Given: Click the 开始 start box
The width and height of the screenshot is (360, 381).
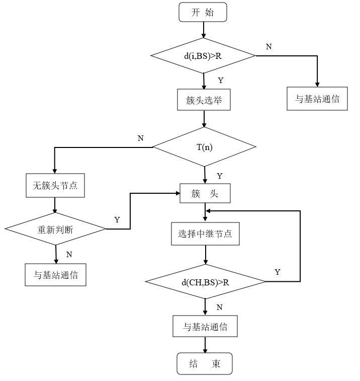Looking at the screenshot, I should [203, 13].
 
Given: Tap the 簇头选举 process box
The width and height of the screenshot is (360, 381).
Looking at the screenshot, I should [204, 100].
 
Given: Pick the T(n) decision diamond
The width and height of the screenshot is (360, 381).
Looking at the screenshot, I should [204, 147].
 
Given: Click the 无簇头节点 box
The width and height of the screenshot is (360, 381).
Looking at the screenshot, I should [55, 186].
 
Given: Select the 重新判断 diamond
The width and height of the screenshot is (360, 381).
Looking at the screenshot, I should [55, 229].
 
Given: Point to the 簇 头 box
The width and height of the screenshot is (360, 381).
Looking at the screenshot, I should [205, 194].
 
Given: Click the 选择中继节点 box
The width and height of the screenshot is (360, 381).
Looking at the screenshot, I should [205, 234].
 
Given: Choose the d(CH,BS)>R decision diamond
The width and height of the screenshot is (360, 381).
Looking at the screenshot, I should [205, 281].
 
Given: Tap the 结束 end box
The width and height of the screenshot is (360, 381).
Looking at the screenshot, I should [205, 364].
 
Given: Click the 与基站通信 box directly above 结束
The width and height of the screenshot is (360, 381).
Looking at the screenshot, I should [205, 327].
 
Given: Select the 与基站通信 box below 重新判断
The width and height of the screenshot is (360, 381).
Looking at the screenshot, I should [55, 275].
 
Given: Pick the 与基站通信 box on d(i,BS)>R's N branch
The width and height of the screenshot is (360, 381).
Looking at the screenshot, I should [317, 99].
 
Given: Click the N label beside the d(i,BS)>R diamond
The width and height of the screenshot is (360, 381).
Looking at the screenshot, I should [268, 46].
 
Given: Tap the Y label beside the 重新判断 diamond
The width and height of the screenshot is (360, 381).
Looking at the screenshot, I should [117, 219].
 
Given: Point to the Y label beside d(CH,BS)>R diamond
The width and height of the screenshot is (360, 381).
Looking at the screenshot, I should [277, 272].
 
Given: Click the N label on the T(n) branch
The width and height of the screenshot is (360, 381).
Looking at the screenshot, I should [141, 138].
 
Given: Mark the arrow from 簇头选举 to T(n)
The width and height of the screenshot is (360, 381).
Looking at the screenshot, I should [204, 118].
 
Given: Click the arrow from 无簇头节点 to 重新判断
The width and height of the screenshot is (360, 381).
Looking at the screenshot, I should [55, 205].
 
